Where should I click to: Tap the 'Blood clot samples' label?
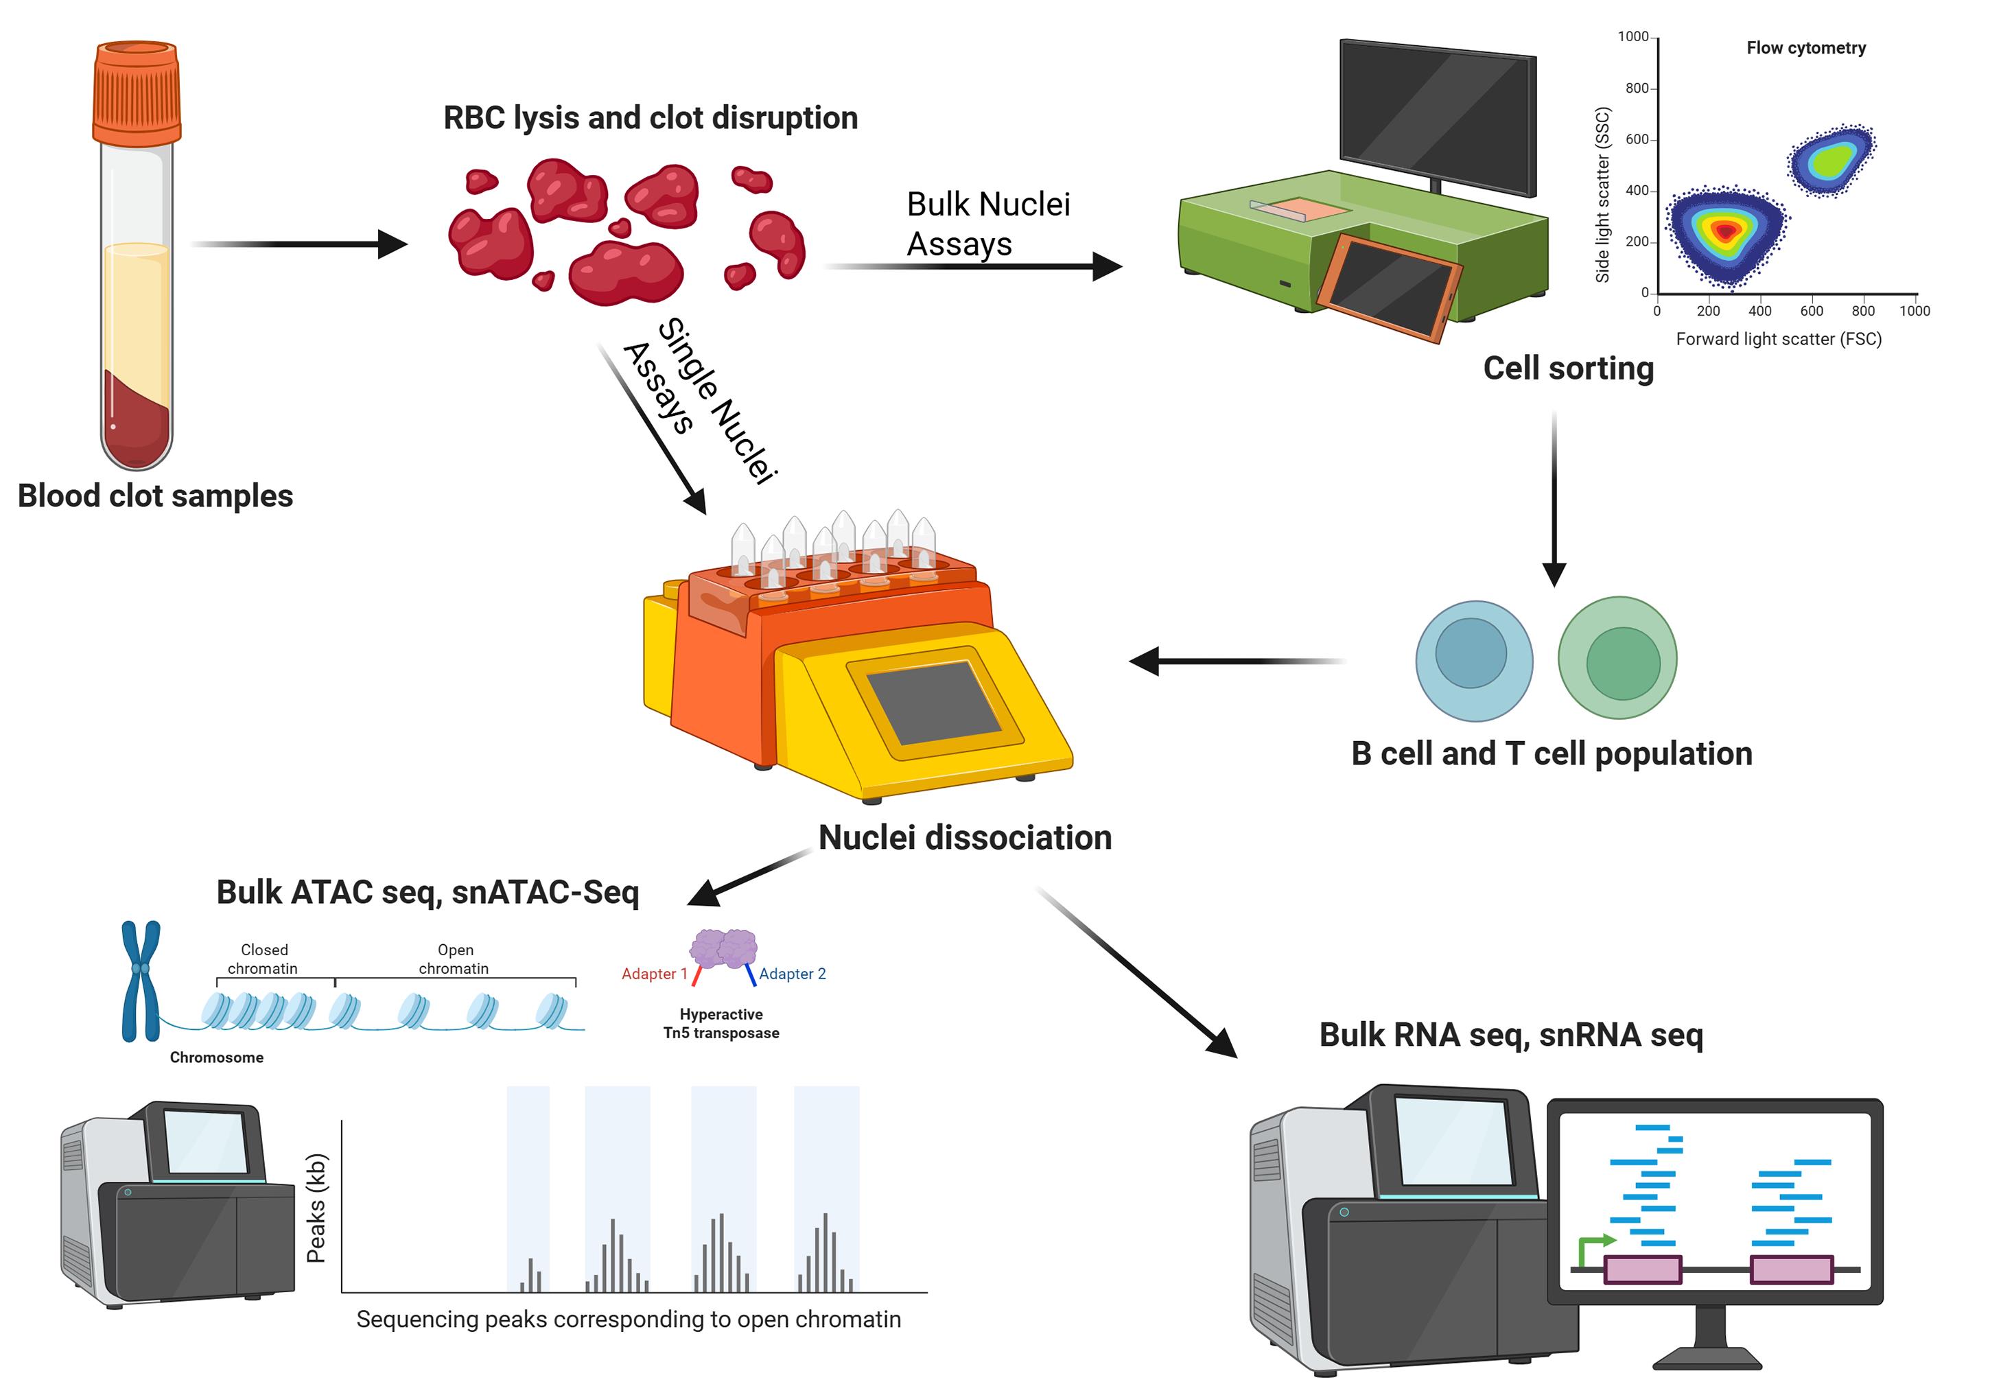click(155, 497)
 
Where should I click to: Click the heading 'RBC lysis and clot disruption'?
click(650, 118)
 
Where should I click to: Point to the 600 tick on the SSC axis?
click(1637, 139)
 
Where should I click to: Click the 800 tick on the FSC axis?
click(1862, 310)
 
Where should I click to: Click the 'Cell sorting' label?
click(1568, 368)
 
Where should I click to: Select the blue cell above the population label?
click(1473, 661)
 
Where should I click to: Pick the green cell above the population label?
click(1617, 659)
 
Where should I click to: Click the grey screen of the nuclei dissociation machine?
click(933, 703)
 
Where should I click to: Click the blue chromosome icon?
click(141, 981)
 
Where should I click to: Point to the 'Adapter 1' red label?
click(653, 974)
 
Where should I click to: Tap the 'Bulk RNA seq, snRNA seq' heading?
click(1511, 1035)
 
